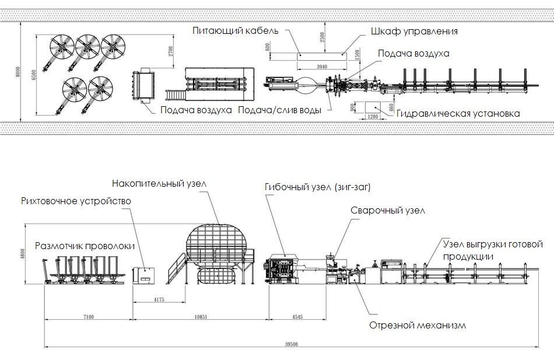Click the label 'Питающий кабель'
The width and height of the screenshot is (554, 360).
coord(236,30)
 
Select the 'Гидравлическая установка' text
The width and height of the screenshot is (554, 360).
coord(458,114)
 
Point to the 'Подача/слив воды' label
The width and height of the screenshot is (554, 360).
coord(280,110)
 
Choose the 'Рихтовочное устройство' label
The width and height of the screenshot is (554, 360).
coord(76,201)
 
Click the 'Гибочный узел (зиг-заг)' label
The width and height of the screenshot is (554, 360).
coord(317,187)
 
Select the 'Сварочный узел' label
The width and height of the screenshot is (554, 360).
coord(387,210)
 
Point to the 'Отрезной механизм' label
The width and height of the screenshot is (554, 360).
coord(418,325)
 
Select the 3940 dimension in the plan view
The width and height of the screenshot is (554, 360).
coord(321,67)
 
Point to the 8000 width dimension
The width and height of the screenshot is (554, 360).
coord(17,72)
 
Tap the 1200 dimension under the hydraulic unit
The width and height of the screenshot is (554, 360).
coord(372,116)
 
